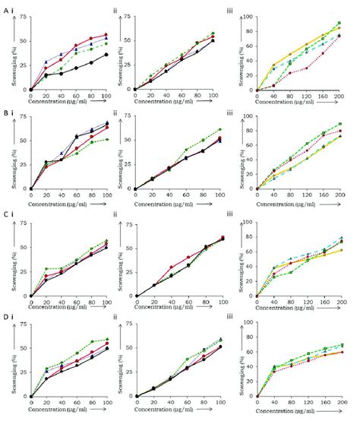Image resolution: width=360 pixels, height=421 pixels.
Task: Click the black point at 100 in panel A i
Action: [x=106, y=55]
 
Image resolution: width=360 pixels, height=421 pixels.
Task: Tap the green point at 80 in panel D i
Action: [x=91, y=341]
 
